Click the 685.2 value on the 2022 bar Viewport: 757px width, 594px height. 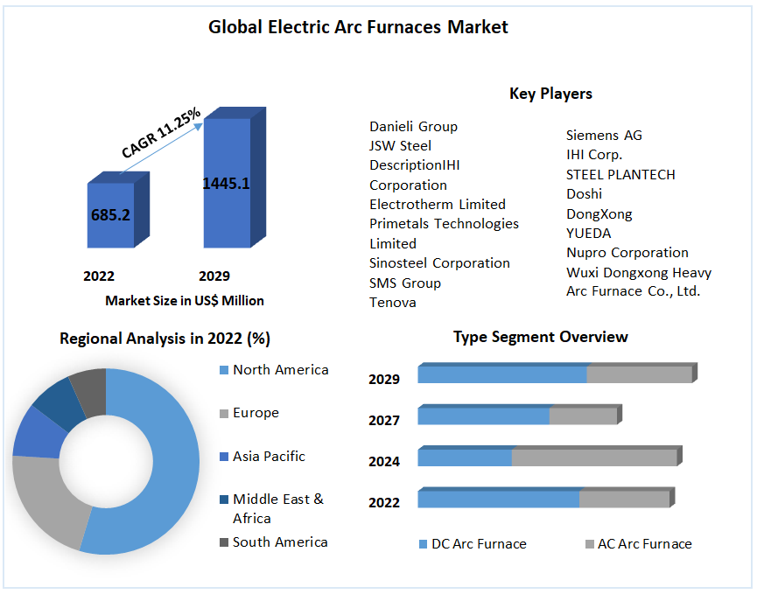110,214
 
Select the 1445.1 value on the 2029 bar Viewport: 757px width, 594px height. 226,183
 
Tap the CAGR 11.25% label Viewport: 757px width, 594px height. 161,133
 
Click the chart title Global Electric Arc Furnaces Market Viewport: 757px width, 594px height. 358,27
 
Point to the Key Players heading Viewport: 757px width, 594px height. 550,94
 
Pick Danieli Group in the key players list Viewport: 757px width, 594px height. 413,127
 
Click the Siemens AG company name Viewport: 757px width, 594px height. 604,135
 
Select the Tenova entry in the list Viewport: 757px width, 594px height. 393,303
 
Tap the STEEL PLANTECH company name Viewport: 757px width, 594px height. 620,174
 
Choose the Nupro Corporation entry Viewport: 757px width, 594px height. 627,253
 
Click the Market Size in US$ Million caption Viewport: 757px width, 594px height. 185,300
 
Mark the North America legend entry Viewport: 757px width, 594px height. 280,370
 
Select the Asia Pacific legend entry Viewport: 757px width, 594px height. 269,457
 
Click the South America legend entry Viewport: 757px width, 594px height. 279,542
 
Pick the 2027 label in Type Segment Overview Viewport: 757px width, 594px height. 384,421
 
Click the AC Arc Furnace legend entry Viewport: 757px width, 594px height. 644,544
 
